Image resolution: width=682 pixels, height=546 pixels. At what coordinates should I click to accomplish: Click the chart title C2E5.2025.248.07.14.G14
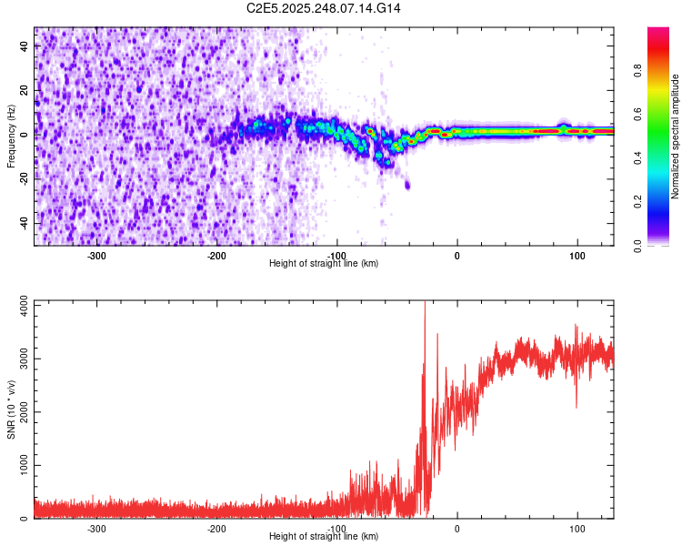(x=325, y=8)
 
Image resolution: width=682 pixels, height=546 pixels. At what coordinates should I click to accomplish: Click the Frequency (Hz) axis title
(x=11, y=136)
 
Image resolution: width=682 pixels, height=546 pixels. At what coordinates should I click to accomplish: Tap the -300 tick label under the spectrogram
(x=96, y=255)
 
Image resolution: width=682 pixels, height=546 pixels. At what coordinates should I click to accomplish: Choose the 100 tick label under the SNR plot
(x=577, y=528)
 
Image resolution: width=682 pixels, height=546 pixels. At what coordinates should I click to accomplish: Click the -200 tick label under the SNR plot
(x=216, y=528)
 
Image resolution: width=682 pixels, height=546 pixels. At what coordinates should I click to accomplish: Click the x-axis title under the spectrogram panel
(x=324, y=264)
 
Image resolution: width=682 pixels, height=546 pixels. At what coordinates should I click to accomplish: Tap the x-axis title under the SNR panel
(x=324, y=537)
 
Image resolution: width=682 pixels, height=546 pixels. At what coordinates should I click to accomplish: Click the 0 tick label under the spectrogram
(x=457, y=255)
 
